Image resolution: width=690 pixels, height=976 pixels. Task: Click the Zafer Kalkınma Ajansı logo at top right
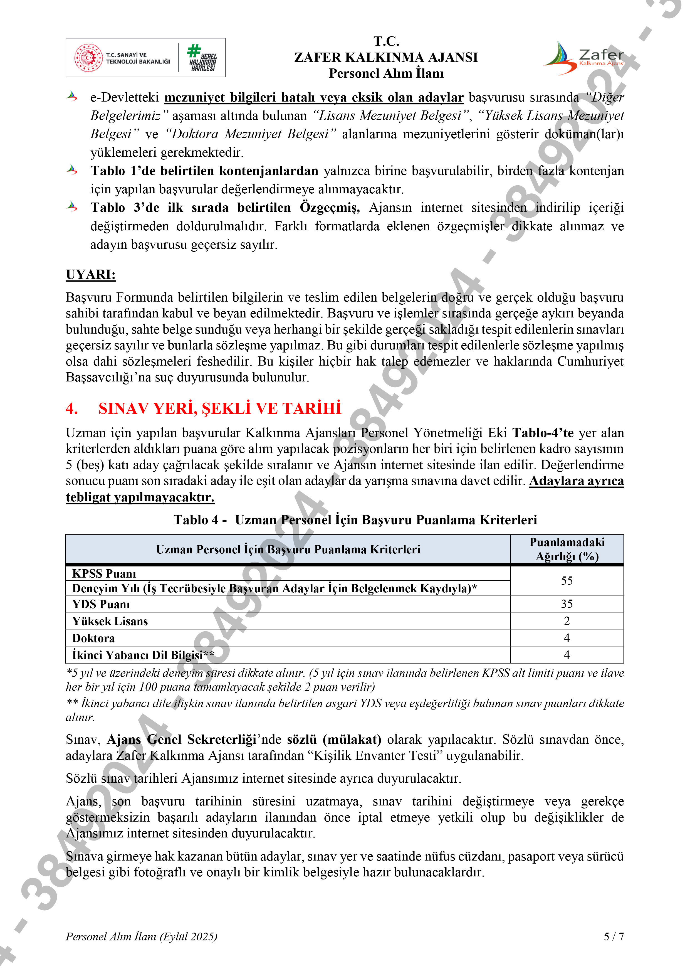pyautogui.click(x=584, y=58)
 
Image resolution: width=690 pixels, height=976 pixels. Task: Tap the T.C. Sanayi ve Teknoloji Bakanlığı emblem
pyautogui.click(x=88, y=58)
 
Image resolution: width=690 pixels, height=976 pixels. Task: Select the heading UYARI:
pyautogui.click(x=90, y=275)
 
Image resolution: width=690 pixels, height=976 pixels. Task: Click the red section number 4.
pyautogui.click(x=71, y=408)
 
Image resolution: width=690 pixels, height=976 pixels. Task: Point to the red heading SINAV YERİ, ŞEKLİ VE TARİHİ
pyautogui.click(x=220, y=408)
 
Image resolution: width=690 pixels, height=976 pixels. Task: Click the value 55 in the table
pyautogui.click(x=567, y=581)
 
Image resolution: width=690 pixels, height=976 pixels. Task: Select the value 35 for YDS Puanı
pyautogui.click(x=567, y=604)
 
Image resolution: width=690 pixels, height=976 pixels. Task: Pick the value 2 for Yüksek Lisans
pyautogui.click(x=567, y=621)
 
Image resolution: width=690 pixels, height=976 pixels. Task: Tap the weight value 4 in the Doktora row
pyautogui.click(x=567, y=638)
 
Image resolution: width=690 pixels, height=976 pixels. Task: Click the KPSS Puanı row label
pyautogui.click(x=104, y=574)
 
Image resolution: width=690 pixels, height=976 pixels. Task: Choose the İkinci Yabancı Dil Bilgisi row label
pyautogui.click(x=143, y=655)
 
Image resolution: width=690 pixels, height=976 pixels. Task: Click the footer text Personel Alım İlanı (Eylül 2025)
pyautogui.click(x=142, y=936)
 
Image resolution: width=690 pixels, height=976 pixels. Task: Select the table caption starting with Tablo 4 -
pyautogui.click(x=355, y=520)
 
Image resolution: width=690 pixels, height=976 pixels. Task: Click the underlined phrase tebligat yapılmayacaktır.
pyautogui.click(x=140, y=497)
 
